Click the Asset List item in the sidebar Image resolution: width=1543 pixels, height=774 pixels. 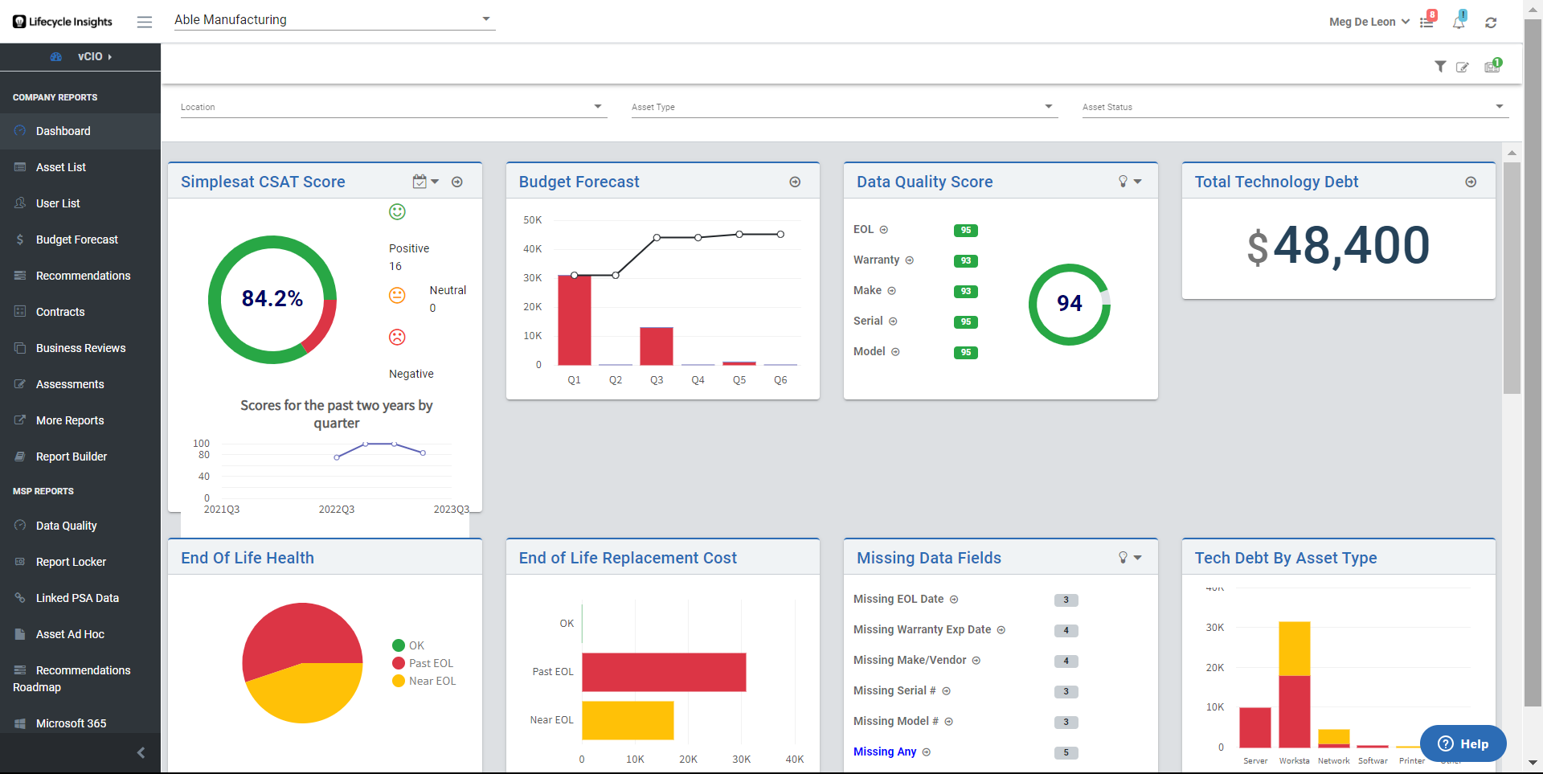(x=61, y=167)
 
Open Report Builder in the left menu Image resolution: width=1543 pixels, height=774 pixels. (x=72, y=457)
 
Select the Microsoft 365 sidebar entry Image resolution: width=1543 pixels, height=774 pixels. (x=71, y=723)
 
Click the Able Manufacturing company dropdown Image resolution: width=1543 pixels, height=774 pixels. (x=334, y=20)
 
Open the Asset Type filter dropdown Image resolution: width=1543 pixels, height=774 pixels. (x=843, y=107)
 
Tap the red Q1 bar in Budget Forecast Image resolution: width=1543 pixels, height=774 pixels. (x=574, y=320)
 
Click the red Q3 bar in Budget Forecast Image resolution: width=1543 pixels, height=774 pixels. (x=656, y=346)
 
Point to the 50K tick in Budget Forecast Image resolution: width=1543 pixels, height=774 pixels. (x=532, y=220)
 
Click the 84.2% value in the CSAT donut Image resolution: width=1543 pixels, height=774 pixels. (x=272, y=299)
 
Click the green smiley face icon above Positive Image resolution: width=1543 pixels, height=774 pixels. (x=397, y=212)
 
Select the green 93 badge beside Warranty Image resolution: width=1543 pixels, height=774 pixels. (x=965, y=261)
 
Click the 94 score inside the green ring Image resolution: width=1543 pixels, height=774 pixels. (x=1069, y=304)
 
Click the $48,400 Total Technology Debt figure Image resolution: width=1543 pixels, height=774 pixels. (x=1338, y=246)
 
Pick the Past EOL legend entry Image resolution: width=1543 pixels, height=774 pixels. (x=431, y=663)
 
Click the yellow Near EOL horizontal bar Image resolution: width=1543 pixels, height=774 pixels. (x=628, y=720)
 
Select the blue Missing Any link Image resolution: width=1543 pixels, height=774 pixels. (x=885, y=751)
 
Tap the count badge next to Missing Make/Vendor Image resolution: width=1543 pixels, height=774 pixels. (x=1066, y=661)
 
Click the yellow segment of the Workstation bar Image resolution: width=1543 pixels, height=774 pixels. (x=1294, y=648)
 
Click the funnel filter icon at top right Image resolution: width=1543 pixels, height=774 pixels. (x=1440, y=67)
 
